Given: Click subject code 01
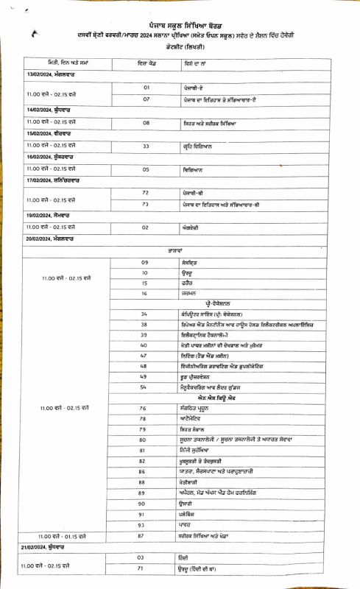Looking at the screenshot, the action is [147, 87].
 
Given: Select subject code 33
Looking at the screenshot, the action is [146, 146].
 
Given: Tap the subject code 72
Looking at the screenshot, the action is [146, 192].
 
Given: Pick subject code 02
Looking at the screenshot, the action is [146, 228].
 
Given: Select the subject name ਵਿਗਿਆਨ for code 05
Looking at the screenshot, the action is [194, 169].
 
